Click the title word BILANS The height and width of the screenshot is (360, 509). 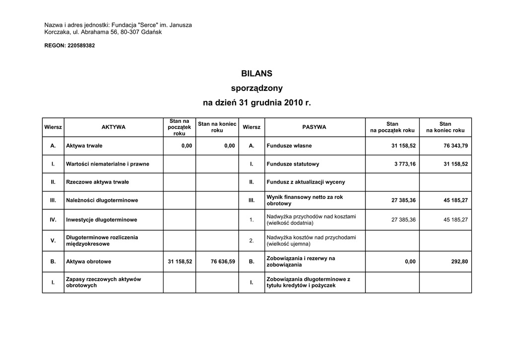pos(256,74)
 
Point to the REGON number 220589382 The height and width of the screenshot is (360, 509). pos(81,46)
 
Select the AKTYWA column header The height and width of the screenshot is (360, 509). pos(113,127)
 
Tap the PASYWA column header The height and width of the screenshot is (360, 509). pos(314,127)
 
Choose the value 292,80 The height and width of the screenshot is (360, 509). pos(459,262)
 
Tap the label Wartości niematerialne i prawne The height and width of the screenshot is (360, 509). pos(107,164)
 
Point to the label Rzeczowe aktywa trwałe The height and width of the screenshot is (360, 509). pos(97,182)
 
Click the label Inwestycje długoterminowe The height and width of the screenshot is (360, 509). pos(101,220)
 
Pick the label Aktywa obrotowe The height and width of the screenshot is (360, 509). pos(88,262)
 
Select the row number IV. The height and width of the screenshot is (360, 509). pos(53,220)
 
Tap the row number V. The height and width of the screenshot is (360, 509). pos(53,241)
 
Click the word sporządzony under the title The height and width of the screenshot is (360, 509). pos(256,89)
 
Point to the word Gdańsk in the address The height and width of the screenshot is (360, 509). pos(151,32)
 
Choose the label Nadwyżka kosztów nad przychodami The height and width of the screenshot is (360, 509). pos(311,238)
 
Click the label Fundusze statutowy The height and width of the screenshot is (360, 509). pos(293,164)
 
